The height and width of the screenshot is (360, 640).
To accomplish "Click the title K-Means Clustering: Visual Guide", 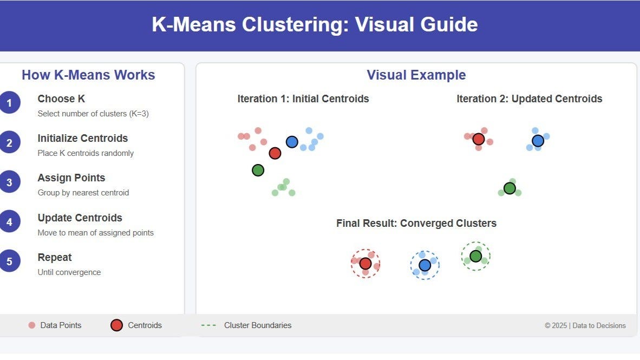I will click(315, 25).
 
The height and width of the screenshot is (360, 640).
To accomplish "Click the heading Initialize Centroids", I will click(82, 138).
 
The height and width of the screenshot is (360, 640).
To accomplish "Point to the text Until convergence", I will click(69, 272).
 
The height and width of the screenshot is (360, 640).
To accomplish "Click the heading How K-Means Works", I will click(88, 75).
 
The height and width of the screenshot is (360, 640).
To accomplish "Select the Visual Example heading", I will click(416, 75).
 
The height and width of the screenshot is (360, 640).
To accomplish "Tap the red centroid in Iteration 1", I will click(275, 153).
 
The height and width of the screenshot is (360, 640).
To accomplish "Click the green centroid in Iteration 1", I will click(258, 170).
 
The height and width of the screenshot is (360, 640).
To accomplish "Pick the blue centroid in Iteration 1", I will click(292, 142).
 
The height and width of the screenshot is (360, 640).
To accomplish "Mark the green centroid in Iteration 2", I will click(510, 188).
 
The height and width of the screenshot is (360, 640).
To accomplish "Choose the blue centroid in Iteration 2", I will click(538, 141).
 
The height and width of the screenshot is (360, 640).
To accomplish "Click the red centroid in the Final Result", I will click(365, 264).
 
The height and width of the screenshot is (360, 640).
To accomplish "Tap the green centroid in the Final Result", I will click(475, 256).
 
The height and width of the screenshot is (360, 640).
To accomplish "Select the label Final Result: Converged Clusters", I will click(416, 223).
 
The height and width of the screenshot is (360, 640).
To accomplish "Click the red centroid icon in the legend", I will click(116, 325).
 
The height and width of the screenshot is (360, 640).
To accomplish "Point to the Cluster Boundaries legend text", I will click(258, 325).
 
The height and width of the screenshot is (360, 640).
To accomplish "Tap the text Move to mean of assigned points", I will click(95, 233).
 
